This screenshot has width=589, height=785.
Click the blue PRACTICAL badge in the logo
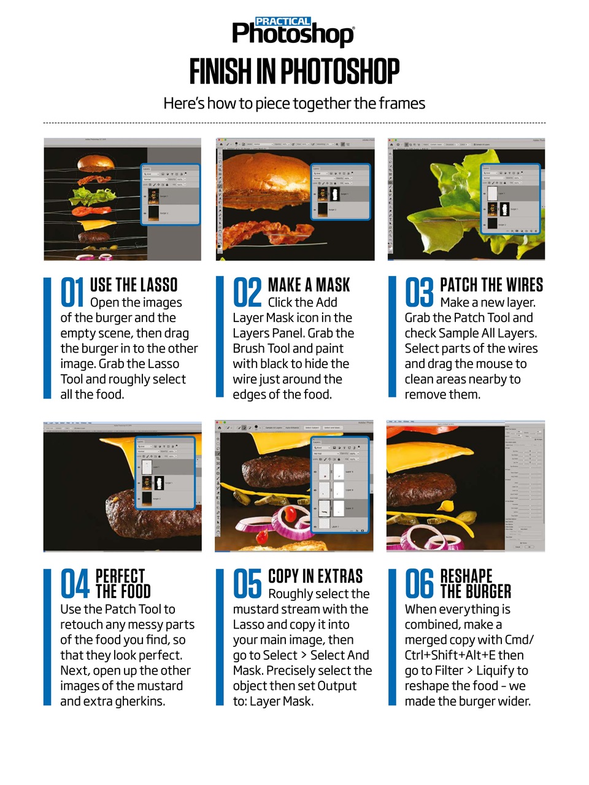coord(283,21)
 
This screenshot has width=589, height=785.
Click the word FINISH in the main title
coord(220,72)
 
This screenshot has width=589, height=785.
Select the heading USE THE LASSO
coord(133,285)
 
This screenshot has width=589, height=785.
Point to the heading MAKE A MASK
coord(309,285)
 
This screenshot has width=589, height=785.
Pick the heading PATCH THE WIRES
coord(491,285)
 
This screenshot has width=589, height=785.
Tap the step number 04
coord(75,583)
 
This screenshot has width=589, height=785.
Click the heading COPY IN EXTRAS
coord(315,576)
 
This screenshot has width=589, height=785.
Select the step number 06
coord(420,583)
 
